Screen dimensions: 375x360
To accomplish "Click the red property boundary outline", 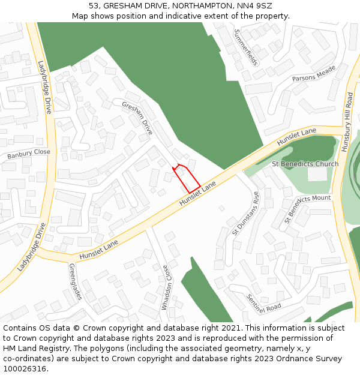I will (x=187, y=179).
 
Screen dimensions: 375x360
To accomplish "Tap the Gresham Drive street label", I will (x=137, y=118).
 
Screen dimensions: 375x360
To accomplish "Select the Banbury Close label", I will (x=29, y=155).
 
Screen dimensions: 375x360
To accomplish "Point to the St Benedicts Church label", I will (x=305, y=164).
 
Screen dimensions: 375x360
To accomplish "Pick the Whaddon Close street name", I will (x=165, y=287).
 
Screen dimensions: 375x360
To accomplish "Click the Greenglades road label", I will (x=74, y=281).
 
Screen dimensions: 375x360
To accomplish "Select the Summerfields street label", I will (x=246, y=47).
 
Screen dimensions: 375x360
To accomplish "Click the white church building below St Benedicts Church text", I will (x=317, y=174).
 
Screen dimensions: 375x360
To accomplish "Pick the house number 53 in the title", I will (x=94, y=5).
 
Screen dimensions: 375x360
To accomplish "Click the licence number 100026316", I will (x=25, y=369).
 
